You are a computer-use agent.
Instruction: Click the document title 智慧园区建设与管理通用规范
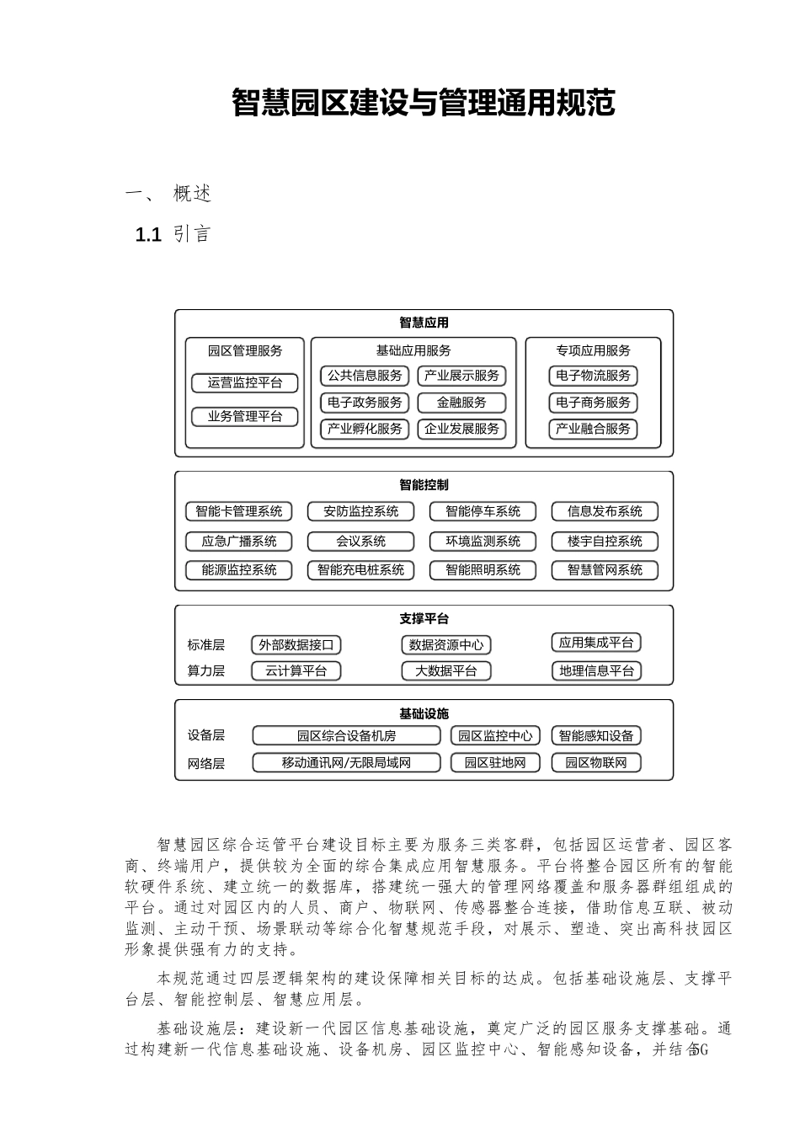pyautogui.click(x=424, y=104)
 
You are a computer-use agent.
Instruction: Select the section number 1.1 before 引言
pyautogui.click(x=148, y=235)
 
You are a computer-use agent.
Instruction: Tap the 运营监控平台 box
pyautogui.click(x=245, y=383)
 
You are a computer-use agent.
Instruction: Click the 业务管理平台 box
pyautogui.click(x=245, y=417)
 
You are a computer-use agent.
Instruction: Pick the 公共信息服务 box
pyautogui.click(x=365, y=376)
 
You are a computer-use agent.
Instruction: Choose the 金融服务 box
pyautogui.click(x=461, y=403)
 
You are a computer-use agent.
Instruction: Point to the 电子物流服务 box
pyautogui.click(x=593, y=376)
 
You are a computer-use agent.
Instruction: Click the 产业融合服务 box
pyautogui.click(x=593, y=429)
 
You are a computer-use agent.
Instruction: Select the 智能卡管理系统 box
pyautogui.click(x=239, y=511)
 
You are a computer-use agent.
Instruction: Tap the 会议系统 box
pyautogui.click(x=361, y=542)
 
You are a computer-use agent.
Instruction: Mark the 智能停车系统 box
pyautogui.click(x=483, y=511)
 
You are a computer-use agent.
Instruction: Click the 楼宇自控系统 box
pyautogui.click(x=605, y=542)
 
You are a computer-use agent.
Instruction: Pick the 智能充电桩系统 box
pyautogui.click(x=361, y=570)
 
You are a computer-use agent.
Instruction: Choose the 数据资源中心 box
pyautogui.click(x=446, y=645)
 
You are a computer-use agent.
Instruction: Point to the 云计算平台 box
pyautogui.click(x=296, y=671)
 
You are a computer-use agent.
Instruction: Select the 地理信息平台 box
pyautogui.click(x=596, y=671)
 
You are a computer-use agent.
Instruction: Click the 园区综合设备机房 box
pyautogui.click(x=346, y=736)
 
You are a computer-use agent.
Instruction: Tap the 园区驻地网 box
pyautogui.click(x=495, y=763)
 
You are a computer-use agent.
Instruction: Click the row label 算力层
pyautogui.click(x=206, y=671)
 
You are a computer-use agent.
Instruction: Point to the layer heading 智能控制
pyautogui.click(x=424, y=485)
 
